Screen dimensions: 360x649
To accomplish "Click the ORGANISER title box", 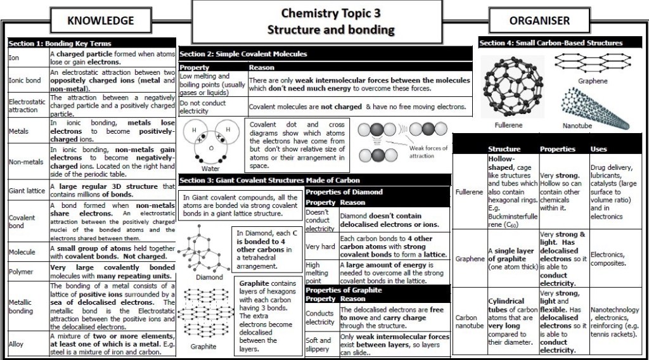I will click(x=539, y=20).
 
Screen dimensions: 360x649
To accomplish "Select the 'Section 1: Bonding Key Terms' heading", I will click(x=60, y=44).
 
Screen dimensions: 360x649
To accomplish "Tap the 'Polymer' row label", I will click(x=20, y=272).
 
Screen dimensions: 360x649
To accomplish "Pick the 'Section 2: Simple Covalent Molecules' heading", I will click(x=243, y=54).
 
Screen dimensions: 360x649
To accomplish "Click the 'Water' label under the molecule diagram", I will click(x=210, y=169).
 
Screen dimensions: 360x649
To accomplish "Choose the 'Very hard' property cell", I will click(x=319, y=246).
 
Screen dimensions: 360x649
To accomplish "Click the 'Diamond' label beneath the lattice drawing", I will click(x=209, y=277).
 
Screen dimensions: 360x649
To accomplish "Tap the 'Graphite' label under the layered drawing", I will click(x=203, y=347).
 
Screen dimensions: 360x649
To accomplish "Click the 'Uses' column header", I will click(x=599, y=149).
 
